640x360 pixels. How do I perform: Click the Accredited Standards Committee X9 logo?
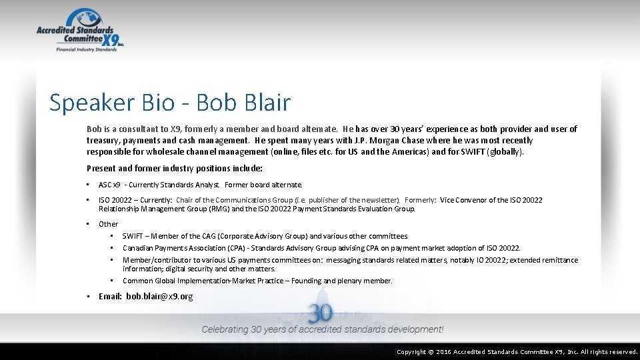(80, 30)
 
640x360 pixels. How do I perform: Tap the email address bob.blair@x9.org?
(159, 296)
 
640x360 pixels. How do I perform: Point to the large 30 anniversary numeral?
(321, 313)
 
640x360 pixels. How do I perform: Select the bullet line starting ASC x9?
(200, 185)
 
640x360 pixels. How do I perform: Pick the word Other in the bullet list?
(108, 224)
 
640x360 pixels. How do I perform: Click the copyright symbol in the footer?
(430, 352)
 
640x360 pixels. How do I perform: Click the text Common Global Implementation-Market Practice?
(207, 281)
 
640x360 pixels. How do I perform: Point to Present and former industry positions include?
(175, 169)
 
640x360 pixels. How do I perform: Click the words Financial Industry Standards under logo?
(86, 49)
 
